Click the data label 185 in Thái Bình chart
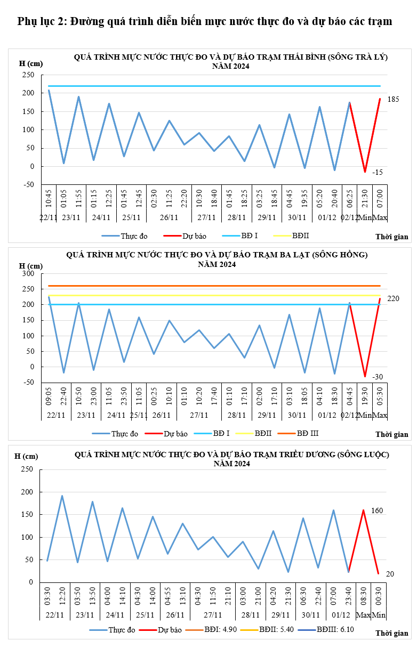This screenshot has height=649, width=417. (393, 99)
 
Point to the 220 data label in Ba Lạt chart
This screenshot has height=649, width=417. (393, 299)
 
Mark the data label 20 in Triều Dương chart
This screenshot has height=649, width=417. (390, 573)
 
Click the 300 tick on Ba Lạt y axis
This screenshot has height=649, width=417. (27, 274)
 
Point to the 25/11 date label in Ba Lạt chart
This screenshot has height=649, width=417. (139, 416)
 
